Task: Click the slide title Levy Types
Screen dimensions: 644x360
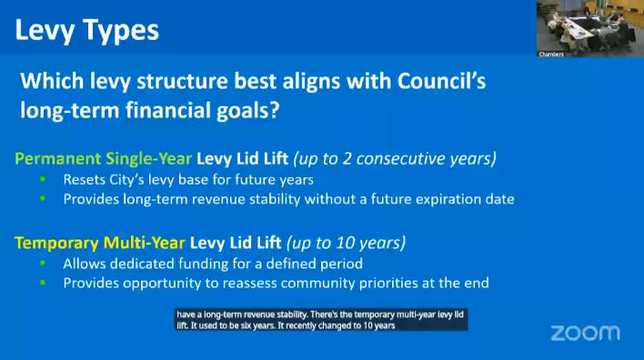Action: (86, 31)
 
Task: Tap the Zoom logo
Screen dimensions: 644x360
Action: (585, 333)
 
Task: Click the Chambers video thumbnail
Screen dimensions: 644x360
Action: (590, 28)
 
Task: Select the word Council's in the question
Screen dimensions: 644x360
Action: (441, 81)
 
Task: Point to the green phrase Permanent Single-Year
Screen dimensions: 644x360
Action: (103, 158)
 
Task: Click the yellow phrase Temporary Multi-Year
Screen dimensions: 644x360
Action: (100, 243)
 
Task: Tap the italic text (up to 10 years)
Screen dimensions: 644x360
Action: (346, 243)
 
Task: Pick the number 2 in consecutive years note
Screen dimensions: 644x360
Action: (347, 158)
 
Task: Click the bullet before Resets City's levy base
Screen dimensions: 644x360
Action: (43, 179)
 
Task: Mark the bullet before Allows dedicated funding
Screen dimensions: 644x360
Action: (43, 263)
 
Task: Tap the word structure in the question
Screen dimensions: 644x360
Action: (182, 81)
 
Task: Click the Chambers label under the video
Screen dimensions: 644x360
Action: (551, 55)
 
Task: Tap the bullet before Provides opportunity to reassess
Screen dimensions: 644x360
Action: (43, 283)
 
